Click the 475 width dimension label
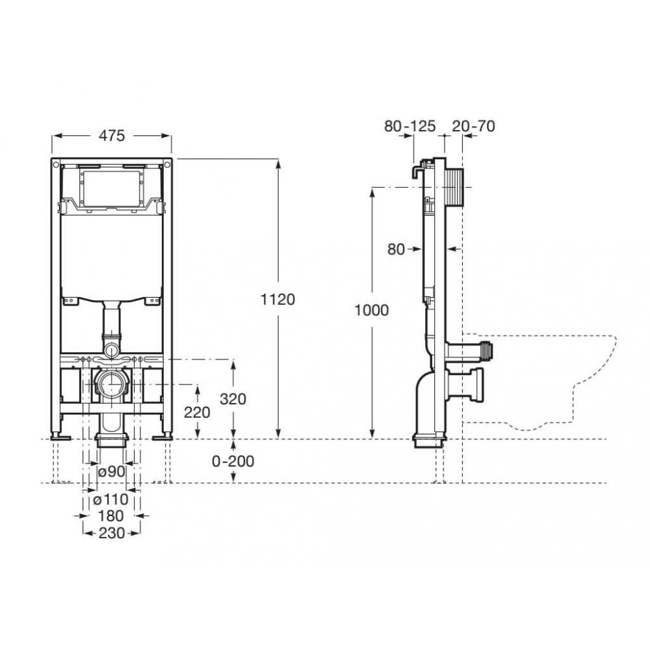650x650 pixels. [112, 136]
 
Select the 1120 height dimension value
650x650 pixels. [278, 299]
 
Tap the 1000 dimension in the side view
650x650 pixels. [371, 310]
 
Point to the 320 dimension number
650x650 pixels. [233, 399]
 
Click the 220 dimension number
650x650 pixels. [197, 413]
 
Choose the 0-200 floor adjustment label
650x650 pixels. [233, 461]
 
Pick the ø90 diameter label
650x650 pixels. [112, 471]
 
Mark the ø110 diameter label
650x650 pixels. [110, 499]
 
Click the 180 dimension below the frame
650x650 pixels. [111, 516]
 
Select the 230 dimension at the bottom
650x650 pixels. [112, 533]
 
